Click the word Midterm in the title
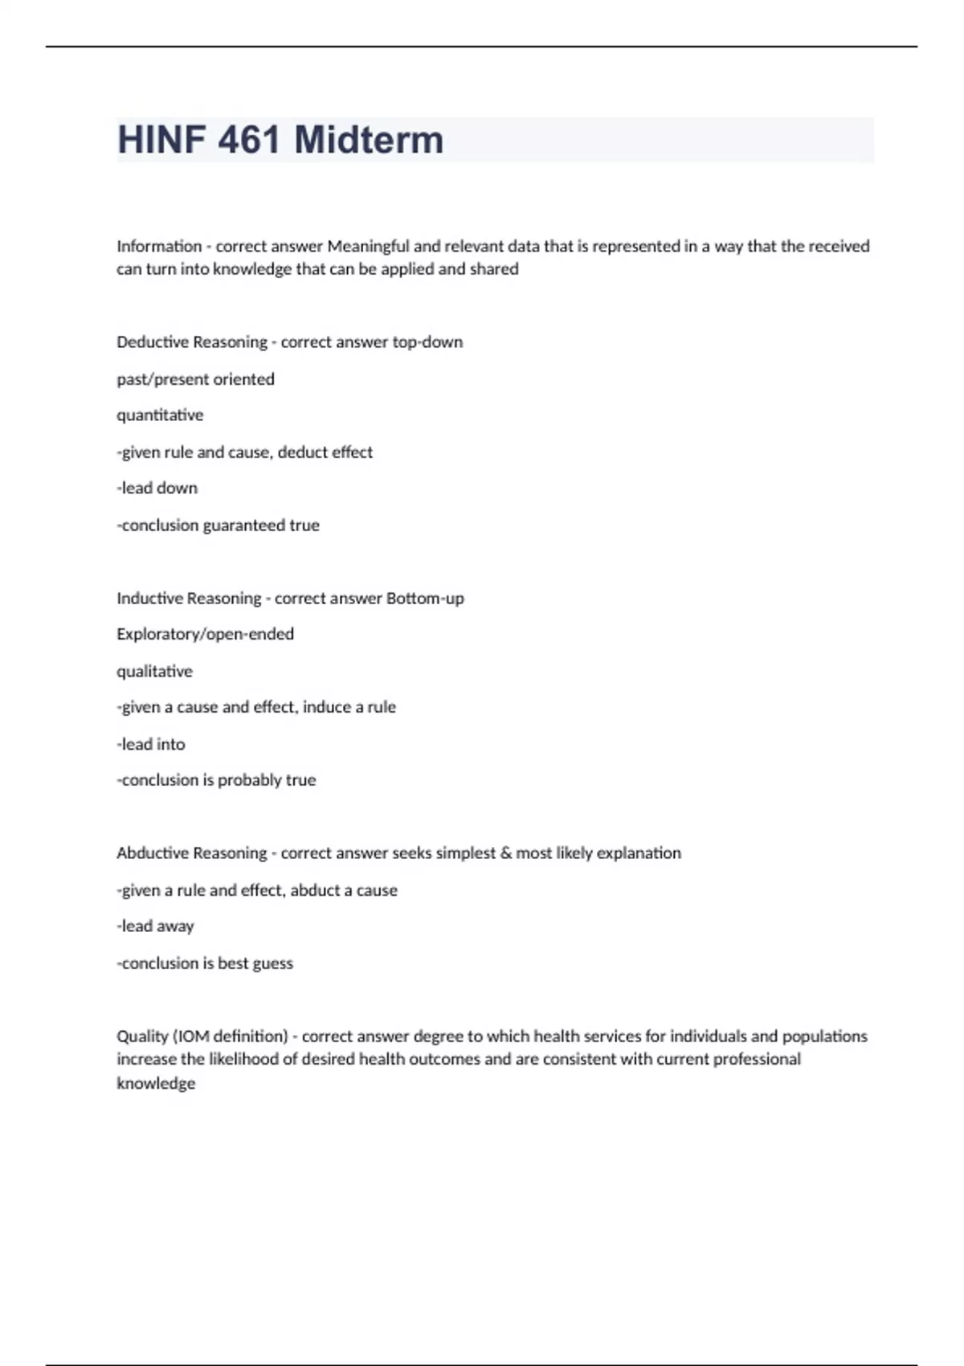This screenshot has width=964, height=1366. coord(369,140)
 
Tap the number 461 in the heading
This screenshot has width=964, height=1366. coord(248,140)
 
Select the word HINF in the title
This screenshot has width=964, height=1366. coord(161,140)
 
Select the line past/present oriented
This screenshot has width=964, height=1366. coord(195,379)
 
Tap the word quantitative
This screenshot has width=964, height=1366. coord(160,415)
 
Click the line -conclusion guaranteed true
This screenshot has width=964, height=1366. coord(218,526)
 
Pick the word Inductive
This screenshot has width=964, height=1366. coord(147,599)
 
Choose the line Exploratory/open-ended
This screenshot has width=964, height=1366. coord(205,634)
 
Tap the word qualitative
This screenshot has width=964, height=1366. coord(154,671)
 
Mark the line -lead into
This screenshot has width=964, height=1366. coord(150,744)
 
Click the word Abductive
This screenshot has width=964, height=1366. coord(150,853)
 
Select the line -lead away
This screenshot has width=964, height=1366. coord(155,926)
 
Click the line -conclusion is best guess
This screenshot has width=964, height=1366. coord(205,963)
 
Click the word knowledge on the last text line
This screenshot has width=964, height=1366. coord(156,1084)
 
